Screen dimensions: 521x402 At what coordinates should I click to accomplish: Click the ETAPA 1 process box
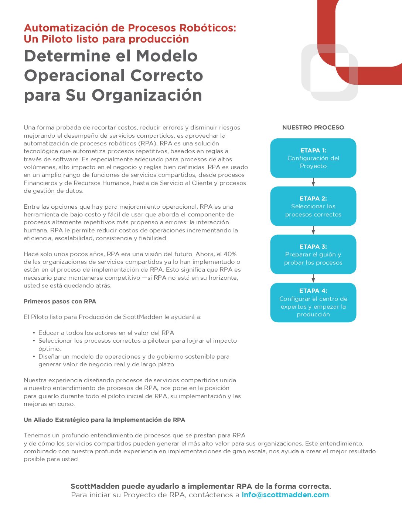(x=313, y=158)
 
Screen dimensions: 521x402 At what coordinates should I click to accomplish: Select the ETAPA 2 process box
(x=313, y=206)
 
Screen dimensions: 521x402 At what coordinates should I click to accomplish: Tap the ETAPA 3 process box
(x=313, y=254)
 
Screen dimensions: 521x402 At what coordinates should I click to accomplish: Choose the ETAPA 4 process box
(x=313, y=302)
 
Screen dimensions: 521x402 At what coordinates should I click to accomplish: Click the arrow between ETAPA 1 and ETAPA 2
(x=313, y=182)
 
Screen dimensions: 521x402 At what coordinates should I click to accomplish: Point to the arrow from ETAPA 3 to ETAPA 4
(x=313, y=278)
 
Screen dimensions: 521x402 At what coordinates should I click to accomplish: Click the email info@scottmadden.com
(x=285, y=495)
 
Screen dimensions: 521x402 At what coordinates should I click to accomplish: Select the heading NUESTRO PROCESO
(x=313, y=128)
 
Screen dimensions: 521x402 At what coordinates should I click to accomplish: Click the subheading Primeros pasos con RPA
(x=60, y=302)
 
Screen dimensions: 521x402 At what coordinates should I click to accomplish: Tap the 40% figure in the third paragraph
(x=230, y=254)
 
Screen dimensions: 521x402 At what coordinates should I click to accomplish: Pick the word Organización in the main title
(x=147, y=95)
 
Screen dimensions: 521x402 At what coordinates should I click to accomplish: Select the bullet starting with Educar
(x=106, y=333)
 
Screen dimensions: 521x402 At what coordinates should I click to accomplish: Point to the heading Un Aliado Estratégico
(x=104, y=420)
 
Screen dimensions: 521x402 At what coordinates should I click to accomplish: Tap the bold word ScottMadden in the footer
(x=95, y=486)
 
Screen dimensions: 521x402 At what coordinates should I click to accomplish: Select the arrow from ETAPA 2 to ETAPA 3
(x=313, y=230)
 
